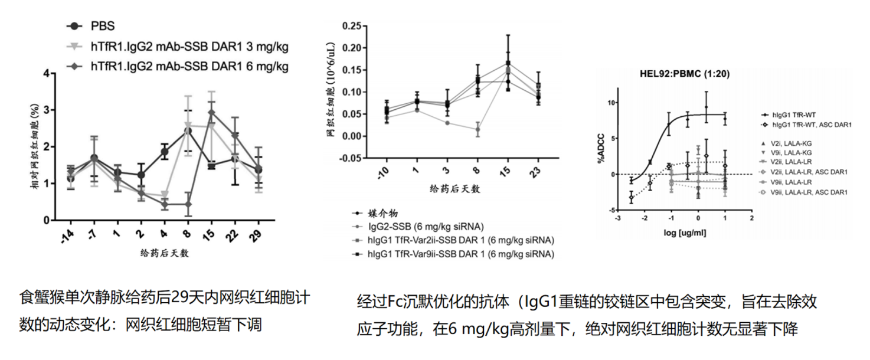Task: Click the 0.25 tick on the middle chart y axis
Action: pos(354,26)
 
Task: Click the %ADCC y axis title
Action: pos(602,153)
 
